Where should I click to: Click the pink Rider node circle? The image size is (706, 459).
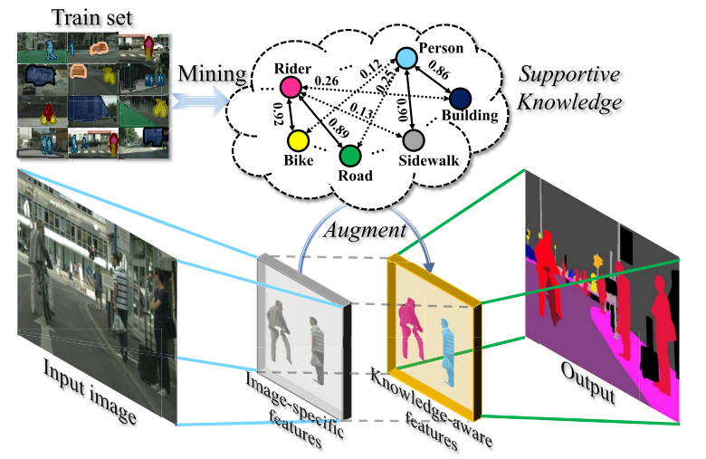[x=290, y=87]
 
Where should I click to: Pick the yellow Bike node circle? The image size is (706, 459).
[x=297, y=141]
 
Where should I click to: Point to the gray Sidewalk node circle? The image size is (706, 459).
[x=413, y=140]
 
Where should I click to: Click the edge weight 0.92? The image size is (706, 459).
[x=279, y=114]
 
